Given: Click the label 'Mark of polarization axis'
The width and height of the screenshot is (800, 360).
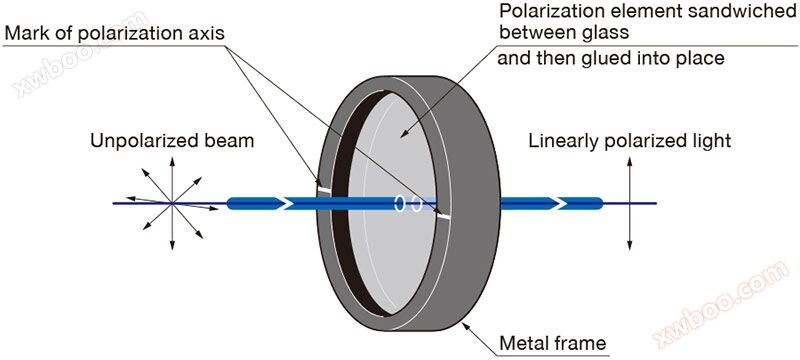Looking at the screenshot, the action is [114, 34].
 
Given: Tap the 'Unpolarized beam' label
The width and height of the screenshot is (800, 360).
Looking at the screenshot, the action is [172, 141].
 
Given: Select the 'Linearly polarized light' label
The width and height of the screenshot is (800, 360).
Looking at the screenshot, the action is [630, 141].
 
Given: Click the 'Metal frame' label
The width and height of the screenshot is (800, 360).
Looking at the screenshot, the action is [553, 343].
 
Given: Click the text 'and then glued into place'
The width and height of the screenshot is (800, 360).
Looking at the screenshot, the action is [611, 59].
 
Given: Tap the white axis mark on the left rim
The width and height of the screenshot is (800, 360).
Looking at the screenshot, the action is [322, 190].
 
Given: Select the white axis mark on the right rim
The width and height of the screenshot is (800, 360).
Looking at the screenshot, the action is [444, 216].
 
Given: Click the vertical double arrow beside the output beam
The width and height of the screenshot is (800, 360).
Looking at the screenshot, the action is [630, 203].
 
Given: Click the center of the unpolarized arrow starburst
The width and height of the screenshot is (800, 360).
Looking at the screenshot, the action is [172, 203].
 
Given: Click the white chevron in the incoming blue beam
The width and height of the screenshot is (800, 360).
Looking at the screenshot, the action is [287, 203].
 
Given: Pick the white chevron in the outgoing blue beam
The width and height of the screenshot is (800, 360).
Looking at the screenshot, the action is [561, 203].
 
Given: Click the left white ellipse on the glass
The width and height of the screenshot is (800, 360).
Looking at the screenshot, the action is [400, 203].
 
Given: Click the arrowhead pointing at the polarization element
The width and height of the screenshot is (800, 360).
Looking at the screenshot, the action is [404, 134].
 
